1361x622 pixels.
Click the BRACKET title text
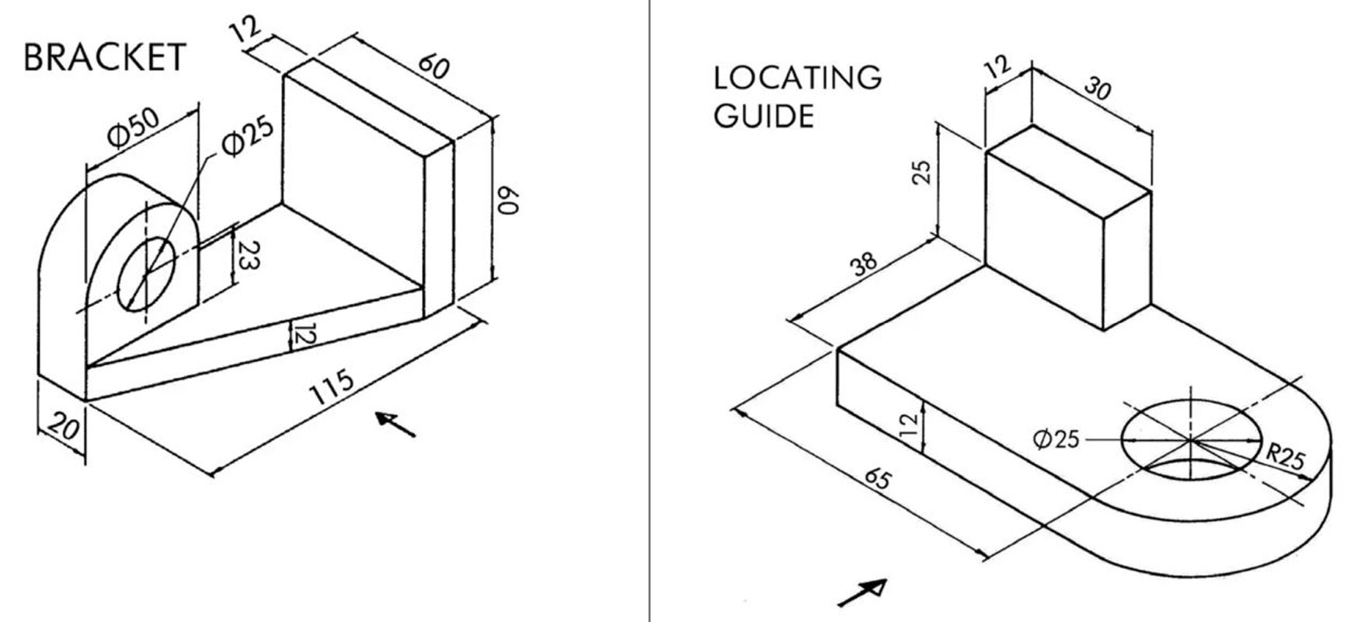coord(105,58)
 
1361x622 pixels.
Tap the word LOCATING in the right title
coord(798,78)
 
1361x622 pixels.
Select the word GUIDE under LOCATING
coord(764,117)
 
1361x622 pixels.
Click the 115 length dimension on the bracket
coord(332,386)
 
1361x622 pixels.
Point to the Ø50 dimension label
coord(134,127)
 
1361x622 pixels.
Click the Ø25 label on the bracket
coord(247,135)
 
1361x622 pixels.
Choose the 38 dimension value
coord(864,264)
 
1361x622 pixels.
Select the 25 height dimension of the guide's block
coord(921,172)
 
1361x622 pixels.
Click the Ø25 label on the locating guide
coord(1056,439)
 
